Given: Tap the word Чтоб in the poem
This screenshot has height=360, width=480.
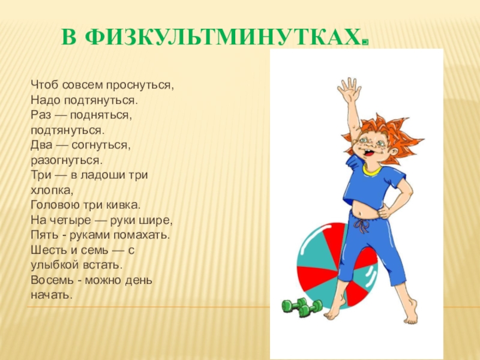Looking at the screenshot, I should coord(43,84).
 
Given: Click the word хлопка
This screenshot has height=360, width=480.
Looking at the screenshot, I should coord(52,191).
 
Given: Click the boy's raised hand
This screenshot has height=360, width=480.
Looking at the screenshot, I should coord(349,91).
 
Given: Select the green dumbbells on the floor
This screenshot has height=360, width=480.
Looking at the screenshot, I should coord(302,307).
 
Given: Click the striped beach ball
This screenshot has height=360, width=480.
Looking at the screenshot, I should coord(324,264).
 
